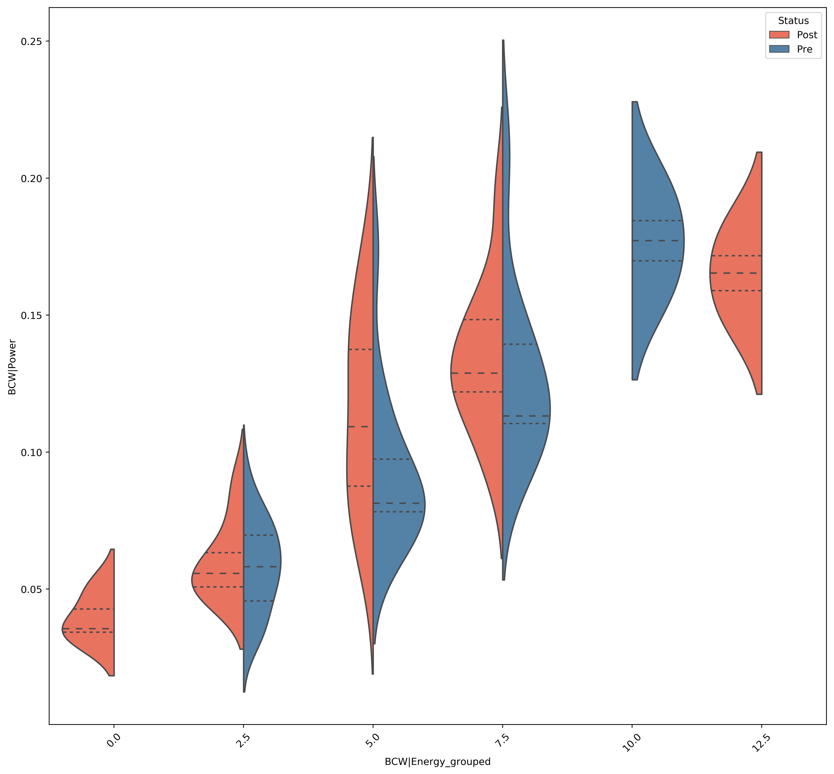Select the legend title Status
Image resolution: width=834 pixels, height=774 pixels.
pyautogui.click(x=793, y=21)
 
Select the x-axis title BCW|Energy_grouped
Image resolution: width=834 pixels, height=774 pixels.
pyautogui.click(x=437, y=762)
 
